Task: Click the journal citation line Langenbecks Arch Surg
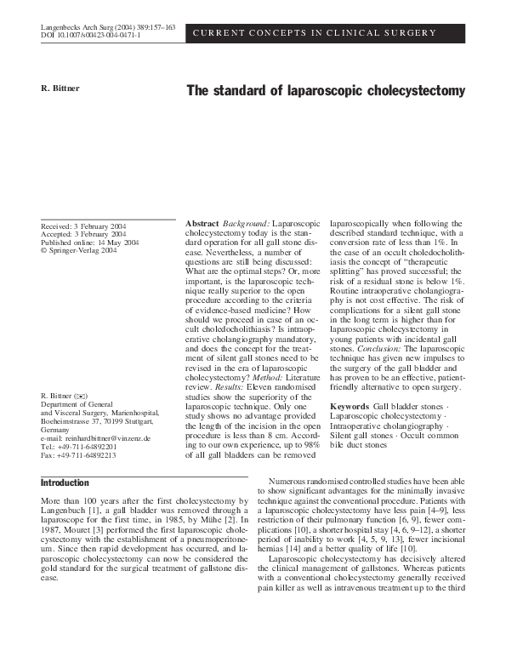coord(108,28)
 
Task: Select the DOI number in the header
coord(91,37)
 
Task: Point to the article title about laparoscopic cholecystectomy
coord(325,90)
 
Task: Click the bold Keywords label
coord(349,407)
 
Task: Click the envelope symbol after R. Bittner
coord(82,397)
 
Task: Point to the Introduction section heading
coord(65,482)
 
